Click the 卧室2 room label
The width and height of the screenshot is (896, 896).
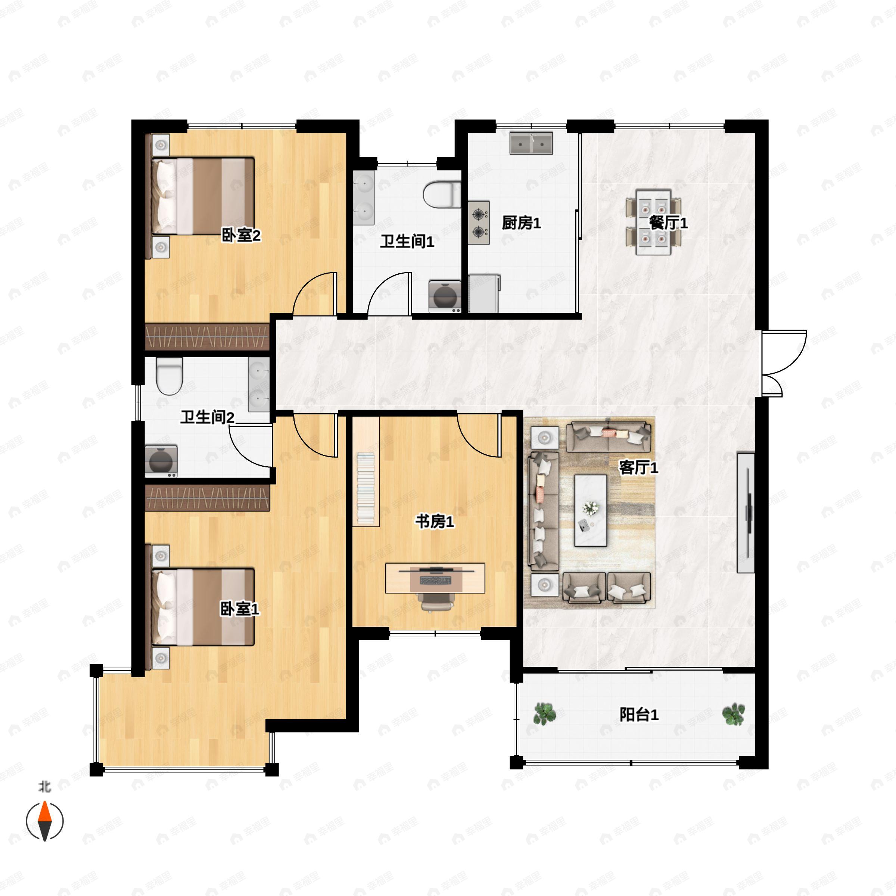pos(241,236)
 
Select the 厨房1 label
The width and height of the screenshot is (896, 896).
pos(521,223)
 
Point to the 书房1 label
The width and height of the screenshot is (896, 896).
pos(434,522)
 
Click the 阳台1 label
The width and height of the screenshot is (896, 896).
pos(639,715)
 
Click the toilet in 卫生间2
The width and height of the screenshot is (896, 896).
pos(169,376)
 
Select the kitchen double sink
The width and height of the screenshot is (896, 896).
pos(531,143)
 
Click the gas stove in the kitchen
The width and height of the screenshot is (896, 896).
pos(479,223)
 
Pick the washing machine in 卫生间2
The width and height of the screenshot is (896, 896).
pos(161,461)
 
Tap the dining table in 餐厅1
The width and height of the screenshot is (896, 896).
pos(653,222)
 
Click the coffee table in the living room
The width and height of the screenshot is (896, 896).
pos(590,510)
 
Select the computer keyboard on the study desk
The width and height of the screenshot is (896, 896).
pos(435,580)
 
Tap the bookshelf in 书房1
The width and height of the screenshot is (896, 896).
pos(366,471)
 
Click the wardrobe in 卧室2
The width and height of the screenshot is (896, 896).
pos(207,336)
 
